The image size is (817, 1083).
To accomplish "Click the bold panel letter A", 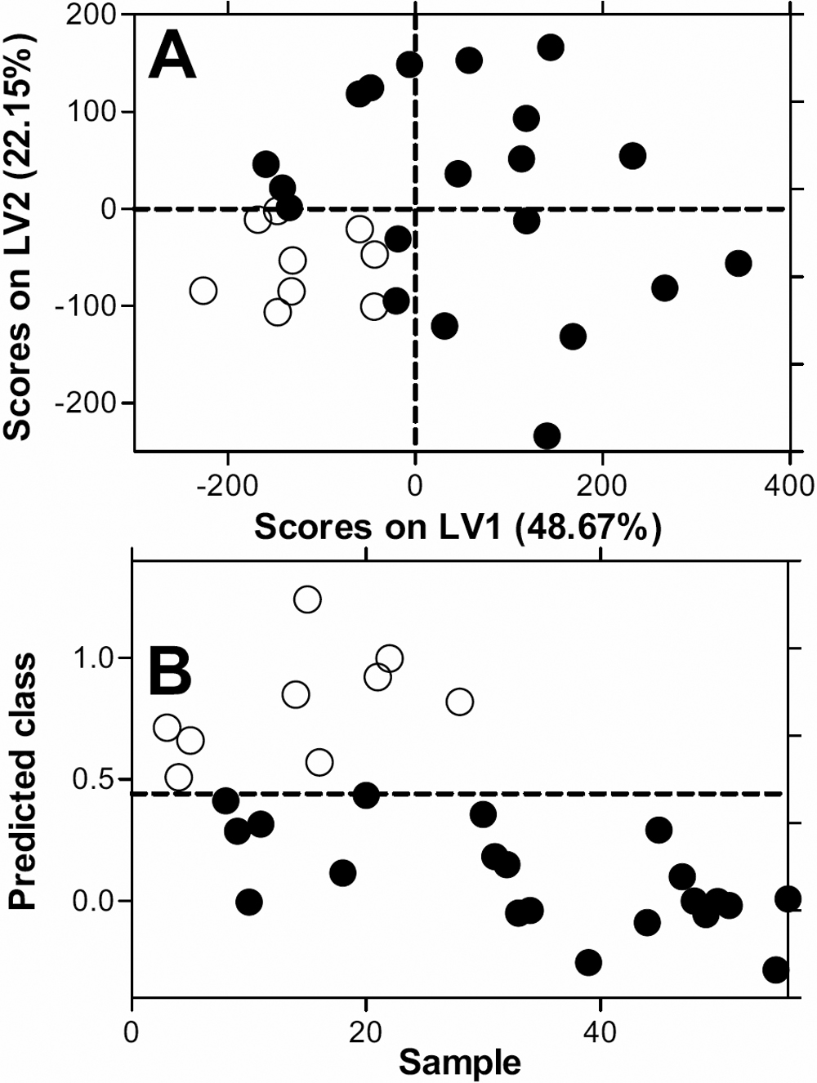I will click(x=172, y=58).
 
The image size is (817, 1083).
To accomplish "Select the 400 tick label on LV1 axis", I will click(x=790, y=485).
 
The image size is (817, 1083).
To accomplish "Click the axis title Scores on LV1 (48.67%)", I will click(x=458, y=528).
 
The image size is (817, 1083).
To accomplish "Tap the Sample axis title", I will click(x=459, y=1063).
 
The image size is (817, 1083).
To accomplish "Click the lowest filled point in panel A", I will click(x=547, y=435).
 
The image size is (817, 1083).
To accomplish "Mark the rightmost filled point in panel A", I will click(x=738, y=263).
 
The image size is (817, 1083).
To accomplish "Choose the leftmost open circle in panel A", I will click(x=203, y=290).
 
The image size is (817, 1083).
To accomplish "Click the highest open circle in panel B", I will click(x=307, y=599).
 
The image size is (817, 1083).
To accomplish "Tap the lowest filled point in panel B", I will click(x=775, y=969).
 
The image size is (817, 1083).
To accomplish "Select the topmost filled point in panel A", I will click(x=551, y=47).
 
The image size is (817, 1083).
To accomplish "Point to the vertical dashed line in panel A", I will click(x=416, y=343).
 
